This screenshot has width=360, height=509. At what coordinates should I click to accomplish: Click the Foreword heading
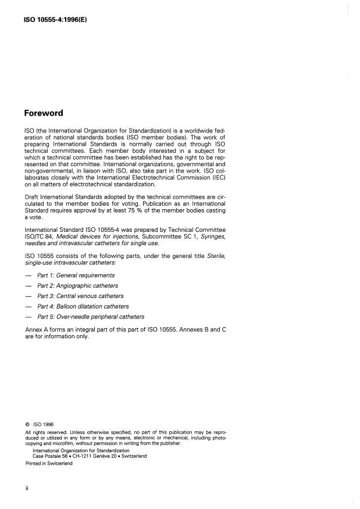(x=44, y=113)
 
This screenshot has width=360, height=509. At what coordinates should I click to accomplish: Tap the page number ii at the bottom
(x=27, y=489)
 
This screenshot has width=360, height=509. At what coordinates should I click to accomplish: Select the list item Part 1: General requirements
(x=76, y=275)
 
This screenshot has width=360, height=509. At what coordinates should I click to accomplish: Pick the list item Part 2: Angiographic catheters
(x=77, y=286)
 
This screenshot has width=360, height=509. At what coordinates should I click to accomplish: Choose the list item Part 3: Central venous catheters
(x=80, y=296)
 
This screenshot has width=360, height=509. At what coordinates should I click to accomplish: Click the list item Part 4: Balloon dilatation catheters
(x=83, y=306)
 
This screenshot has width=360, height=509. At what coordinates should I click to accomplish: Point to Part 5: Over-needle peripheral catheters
(x=91, y=317)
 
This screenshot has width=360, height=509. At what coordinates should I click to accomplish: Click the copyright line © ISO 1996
(x=39, y=425)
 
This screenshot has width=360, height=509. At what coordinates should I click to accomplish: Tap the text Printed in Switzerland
(x=49, y=463)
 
